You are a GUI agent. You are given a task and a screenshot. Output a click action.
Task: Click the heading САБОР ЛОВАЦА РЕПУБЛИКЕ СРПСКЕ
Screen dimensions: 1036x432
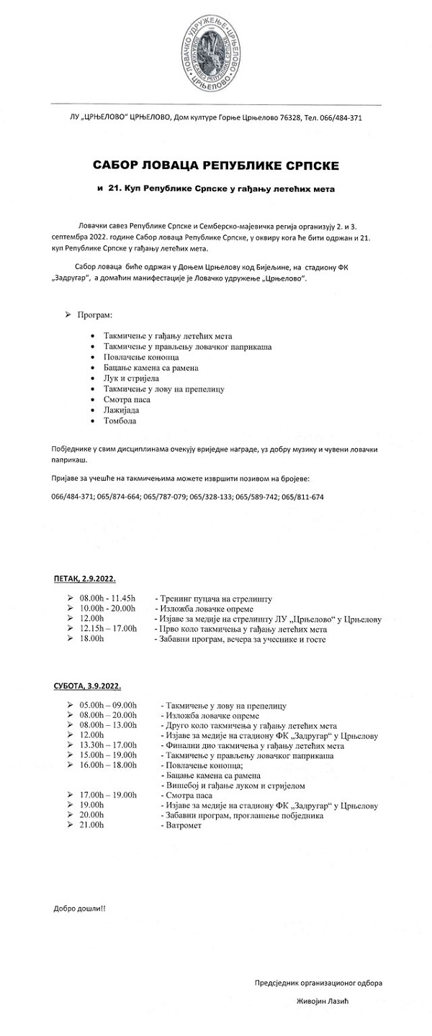point(216,165)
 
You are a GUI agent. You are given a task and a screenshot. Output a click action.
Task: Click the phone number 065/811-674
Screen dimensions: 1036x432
point(302,497)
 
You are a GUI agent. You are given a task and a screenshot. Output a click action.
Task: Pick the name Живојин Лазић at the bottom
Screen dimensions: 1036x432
point(322,1001)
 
